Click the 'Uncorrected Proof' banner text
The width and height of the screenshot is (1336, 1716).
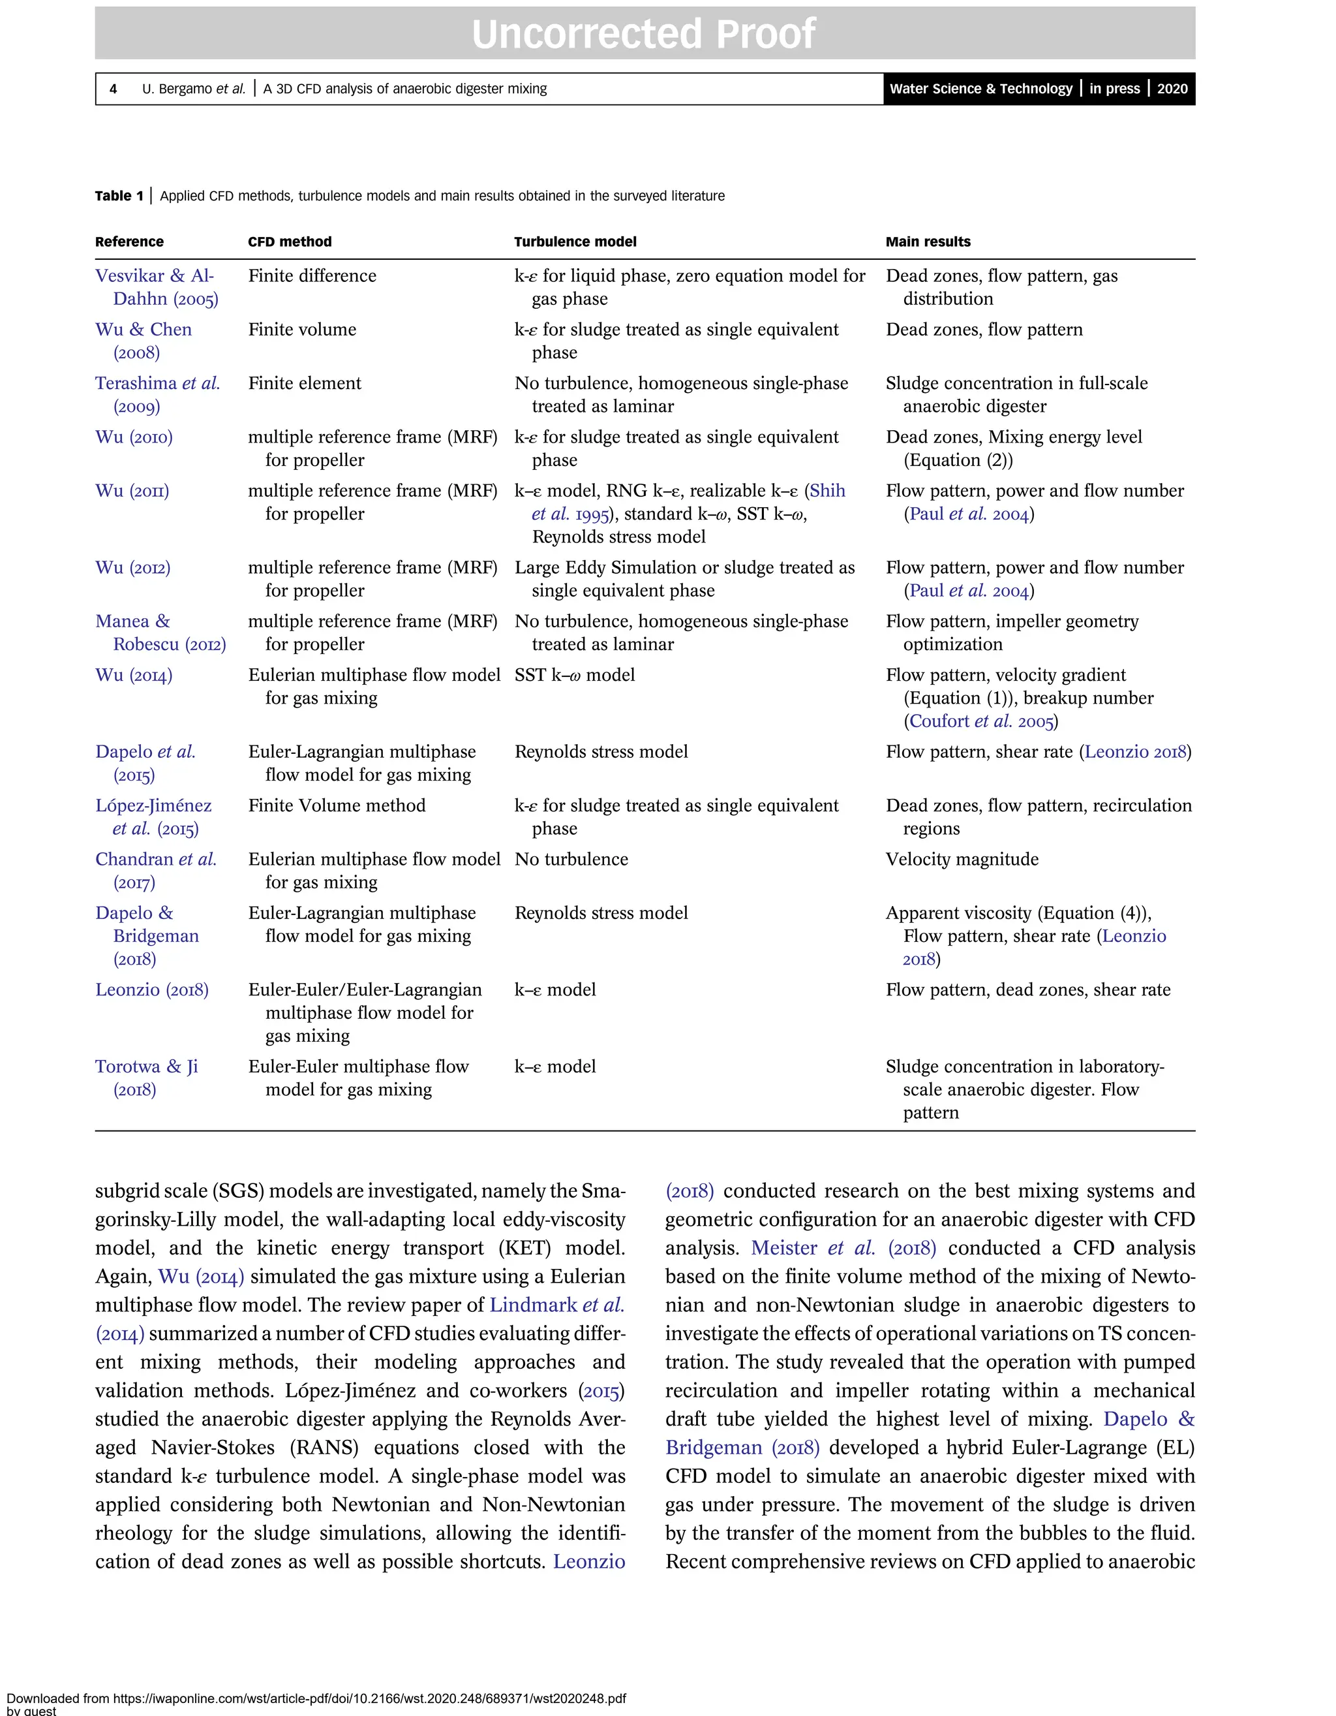point(643,34)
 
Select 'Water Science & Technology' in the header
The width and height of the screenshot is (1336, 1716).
point(980,89)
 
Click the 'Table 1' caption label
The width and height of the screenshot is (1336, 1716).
point(119,196)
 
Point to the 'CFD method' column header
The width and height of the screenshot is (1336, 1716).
point(290,242)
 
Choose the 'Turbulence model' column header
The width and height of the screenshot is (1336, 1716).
point(575,242)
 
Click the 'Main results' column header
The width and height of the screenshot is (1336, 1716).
point(928,242)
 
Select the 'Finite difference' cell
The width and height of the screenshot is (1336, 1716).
point(312,276)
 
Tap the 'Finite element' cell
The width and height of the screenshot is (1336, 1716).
point(305,383)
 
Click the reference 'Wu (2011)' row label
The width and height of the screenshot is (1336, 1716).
point(132,491)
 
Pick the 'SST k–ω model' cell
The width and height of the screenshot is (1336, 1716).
point(574,675)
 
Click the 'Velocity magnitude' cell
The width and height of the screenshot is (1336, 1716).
point(962,860)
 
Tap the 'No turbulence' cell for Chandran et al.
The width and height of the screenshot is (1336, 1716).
point(571,860)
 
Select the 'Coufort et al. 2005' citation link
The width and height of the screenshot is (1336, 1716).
point(980,721)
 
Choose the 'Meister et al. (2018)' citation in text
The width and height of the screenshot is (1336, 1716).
point(843,1248)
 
